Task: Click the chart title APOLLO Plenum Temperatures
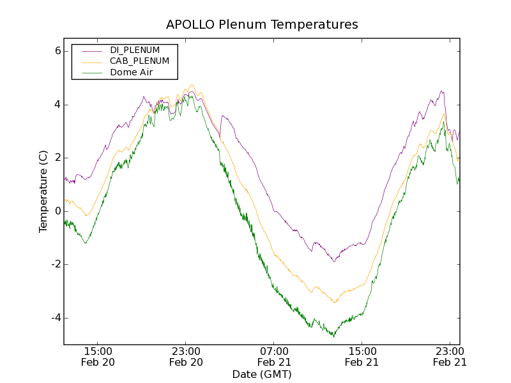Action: point(262,25)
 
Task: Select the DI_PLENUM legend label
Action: point(135,50)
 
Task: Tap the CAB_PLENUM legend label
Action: point(139,61)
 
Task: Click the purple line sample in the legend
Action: point(90,50)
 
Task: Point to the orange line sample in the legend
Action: point(90,61)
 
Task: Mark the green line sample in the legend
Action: point(90,72)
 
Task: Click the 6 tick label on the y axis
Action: point(57,51)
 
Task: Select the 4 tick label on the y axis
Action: point(57,105)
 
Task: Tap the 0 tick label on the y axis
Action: point(57,211)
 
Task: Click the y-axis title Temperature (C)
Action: point(43,191)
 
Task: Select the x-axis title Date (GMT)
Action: point(262,374)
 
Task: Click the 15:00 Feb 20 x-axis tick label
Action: point(98,356)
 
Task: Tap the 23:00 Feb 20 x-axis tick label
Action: point(186,356)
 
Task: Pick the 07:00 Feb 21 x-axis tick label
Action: point(274,356)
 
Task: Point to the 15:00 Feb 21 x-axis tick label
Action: point(362,356)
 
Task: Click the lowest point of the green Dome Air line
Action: point(333,336)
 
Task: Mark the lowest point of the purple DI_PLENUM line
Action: point(333,261)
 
